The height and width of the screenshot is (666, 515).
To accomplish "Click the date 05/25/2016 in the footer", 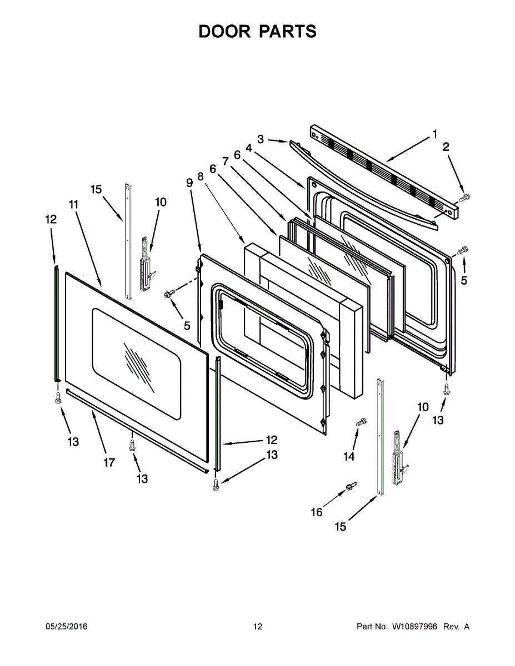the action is [66, 627].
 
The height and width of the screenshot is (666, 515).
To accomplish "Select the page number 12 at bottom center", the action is [257, 627].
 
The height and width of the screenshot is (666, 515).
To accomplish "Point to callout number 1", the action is [435, 134].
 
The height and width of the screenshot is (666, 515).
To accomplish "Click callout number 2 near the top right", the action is [446, 147].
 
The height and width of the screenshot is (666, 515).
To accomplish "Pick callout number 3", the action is [261, 138].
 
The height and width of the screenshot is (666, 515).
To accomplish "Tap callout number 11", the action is [73, 204].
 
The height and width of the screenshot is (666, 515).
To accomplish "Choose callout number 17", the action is [109, 462].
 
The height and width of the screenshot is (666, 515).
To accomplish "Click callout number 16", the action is [317, 512].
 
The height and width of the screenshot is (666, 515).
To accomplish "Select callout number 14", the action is [348, 456].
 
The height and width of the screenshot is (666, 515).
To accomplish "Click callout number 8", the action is [200, 174].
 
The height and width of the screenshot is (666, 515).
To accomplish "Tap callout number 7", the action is [226, 161].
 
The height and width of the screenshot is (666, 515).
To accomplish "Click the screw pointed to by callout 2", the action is [465, 196].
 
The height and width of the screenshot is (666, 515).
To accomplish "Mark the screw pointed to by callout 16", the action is [351, 486].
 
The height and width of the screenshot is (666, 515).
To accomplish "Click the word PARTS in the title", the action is [287, 32].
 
